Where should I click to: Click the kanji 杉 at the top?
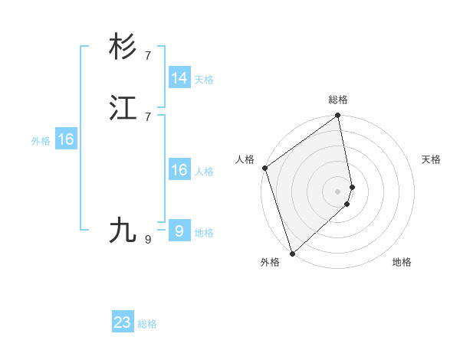123,47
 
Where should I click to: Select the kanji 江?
123,109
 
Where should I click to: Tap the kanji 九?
123,230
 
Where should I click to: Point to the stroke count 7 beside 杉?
148,55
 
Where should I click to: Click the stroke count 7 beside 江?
148,116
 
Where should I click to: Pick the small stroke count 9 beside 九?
148,240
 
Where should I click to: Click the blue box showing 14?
179,78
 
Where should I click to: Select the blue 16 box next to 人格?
179,170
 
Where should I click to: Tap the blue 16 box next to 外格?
66,139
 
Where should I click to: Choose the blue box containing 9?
179,231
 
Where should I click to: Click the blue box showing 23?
123,322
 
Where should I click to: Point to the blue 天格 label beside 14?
204,80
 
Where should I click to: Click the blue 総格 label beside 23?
147,324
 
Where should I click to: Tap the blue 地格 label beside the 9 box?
204,233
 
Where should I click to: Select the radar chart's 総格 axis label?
338,100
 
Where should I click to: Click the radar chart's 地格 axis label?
402,262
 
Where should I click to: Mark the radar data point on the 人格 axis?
264,168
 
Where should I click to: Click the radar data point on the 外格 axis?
292,253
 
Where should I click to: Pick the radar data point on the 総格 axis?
338,116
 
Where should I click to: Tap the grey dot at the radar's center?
337,191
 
